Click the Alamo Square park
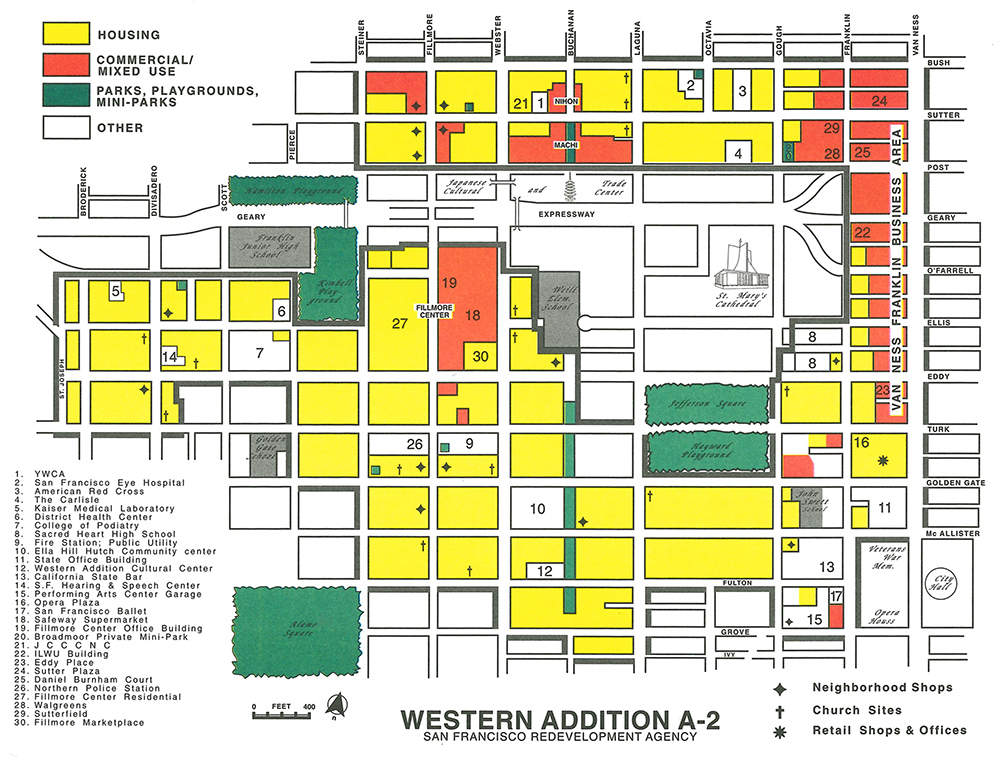click(295, 624)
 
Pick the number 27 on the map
click(400, 324)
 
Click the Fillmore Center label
click(435, 312)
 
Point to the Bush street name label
click(939, 63)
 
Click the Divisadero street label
click(154, 183)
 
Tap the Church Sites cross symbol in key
click(780, 710)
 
